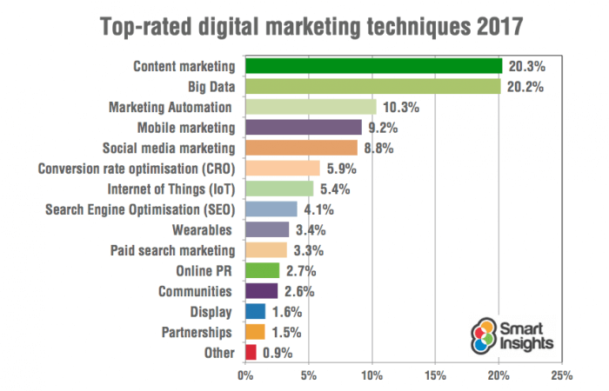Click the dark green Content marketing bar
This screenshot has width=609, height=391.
coord(374,66)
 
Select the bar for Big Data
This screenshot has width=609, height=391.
coord(373,86)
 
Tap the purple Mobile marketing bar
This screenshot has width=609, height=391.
coord(304,127)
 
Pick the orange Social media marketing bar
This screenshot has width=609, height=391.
coord(301,148)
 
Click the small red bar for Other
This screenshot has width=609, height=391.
coord(251,352)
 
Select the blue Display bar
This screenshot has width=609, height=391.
coord(256,311)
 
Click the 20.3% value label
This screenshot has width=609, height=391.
coord(527,66)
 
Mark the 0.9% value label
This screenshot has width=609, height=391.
coord(277,352)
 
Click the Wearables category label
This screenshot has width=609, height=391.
coord(204,229)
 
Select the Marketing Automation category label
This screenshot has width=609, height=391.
coord(171,107)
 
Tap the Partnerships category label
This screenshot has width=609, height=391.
coord(198,332)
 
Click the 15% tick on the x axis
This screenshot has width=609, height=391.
coord(436,376)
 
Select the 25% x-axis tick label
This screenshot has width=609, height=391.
coord(562,376)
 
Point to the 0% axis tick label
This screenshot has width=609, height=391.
coord(245,376)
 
